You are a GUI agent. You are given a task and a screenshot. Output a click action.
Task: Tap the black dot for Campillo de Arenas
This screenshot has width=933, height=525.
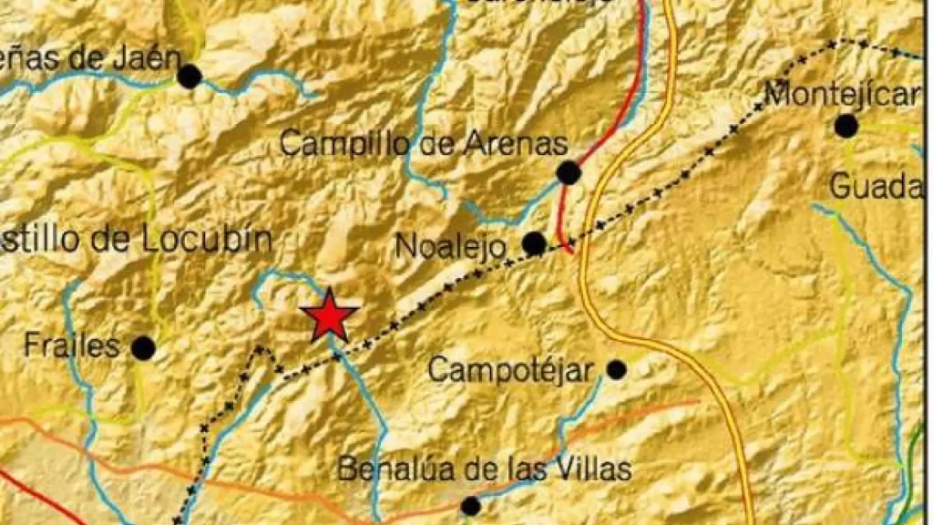click(569, 172)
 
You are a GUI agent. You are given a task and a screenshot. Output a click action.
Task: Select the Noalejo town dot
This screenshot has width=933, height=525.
click(534, 243)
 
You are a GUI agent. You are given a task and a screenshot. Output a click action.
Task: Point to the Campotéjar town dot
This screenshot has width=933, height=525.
click(617, 369)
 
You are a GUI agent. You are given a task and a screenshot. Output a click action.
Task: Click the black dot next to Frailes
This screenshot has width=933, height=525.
click(143, 347)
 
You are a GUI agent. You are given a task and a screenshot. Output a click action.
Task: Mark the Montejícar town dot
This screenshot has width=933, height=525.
click(846, 126)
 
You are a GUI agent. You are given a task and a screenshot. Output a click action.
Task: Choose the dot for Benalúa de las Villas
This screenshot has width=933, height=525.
click(470, 506)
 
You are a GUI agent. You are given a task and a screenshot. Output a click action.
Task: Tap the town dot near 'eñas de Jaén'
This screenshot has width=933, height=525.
click(190, 77)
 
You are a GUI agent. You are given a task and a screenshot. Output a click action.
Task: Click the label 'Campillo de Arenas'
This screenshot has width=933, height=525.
click(424, 143)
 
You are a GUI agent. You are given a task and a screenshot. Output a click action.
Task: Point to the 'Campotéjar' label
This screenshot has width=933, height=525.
click(510, 370)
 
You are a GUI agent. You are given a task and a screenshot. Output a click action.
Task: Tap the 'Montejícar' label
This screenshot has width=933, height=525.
click(842, 93)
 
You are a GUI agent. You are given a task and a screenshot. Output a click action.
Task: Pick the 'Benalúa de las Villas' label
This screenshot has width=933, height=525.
click(484, 469)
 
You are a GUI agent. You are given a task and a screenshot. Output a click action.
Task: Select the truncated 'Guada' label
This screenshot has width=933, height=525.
click(876, 187)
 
